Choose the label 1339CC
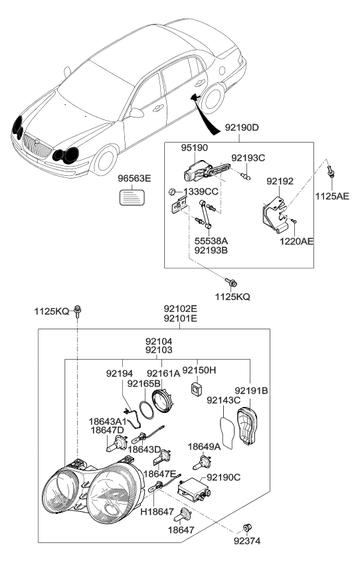[201, 191]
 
